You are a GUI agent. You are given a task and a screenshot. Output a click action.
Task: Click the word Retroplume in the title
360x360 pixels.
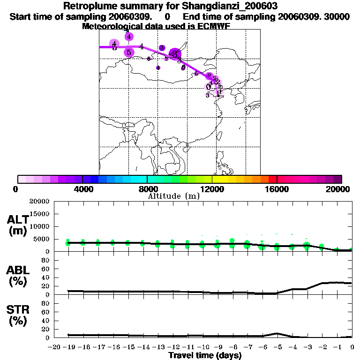point(86,7)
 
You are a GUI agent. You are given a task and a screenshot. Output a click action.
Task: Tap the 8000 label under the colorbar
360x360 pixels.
point(147,189)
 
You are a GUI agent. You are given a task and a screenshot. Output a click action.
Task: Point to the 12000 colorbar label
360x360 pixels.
point(212,189)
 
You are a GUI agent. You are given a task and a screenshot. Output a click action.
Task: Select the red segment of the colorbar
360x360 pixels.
point(272,179)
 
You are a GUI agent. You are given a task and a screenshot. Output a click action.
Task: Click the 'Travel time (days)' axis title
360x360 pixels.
point(205,356)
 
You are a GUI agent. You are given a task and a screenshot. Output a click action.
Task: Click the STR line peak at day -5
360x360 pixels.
point(277,333)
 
